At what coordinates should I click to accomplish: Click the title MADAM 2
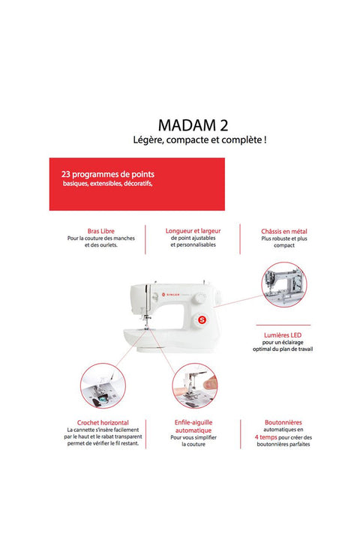pos(193,125)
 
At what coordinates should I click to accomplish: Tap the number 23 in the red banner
pos(66,174)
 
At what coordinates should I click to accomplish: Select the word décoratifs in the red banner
pos(138,184)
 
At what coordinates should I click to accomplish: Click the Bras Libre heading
pos(101,231)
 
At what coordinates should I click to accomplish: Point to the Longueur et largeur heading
pos(193,231)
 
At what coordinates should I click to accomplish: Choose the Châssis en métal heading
pos(284,232)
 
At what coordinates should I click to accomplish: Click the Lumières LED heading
pos(283,335)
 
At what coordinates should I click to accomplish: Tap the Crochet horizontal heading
pos(103,422)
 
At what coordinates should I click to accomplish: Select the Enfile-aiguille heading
pos(193,422)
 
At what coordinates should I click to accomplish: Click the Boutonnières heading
pos(283,422)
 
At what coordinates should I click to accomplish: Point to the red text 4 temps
pos(266,437)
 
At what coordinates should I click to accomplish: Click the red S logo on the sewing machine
pos(202,320)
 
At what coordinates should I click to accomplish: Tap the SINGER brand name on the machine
pos(173,295)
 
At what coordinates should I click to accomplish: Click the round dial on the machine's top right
pos(199,298)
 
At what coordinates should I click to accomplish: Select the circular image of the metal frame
pos(284,284)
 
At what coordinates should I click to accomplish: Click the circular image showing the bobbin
pos(103,385)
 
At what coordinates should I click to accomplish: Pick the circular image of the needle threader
pos(195,385)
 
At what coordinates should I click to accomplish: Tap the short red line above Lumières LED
pos(283,325)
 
